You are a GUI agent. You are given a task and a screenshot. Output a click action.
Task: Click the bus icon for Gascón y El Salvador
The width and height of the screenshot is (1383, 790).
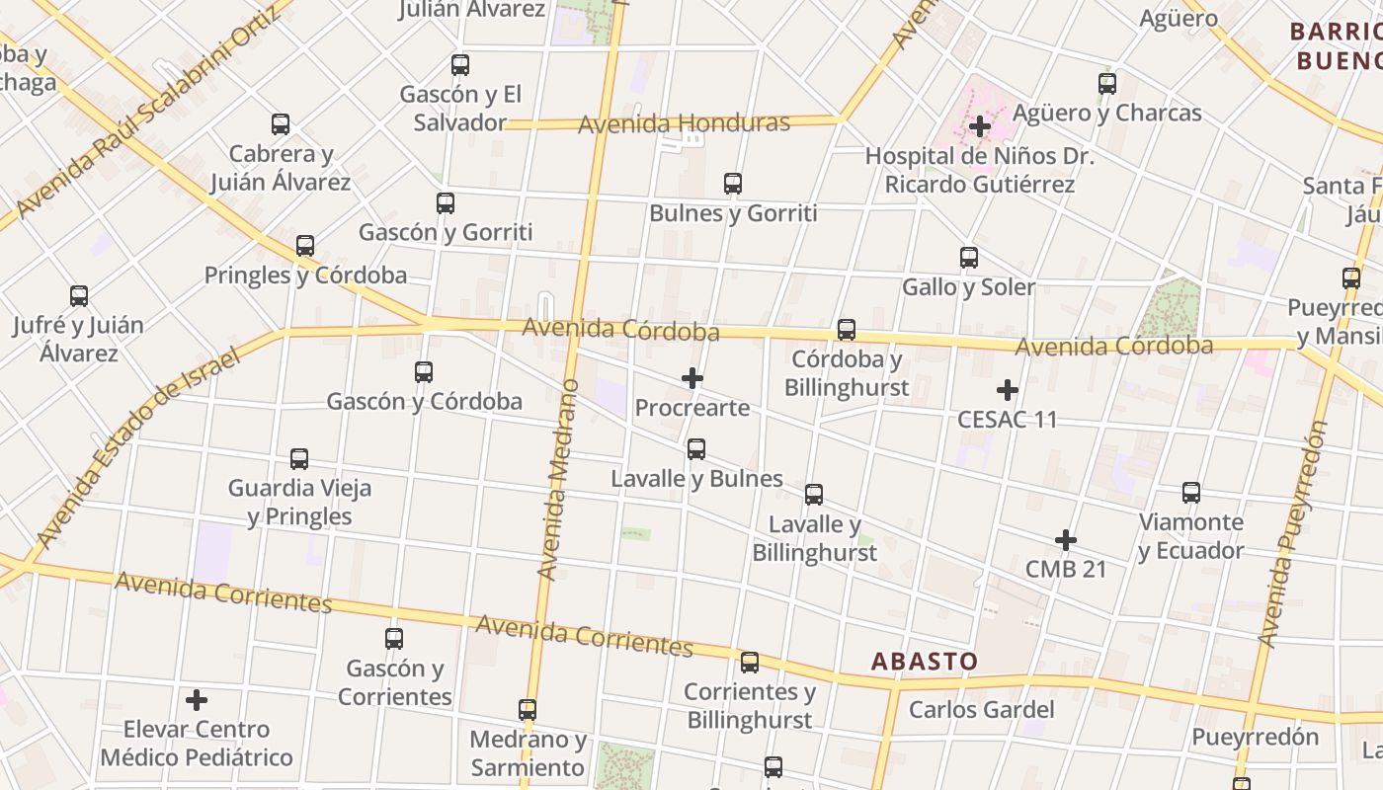pos(460,65)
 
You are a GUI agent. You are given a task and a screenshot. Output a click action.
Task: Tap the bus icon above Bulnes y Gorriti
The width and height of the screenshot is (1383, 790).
pos(732,184)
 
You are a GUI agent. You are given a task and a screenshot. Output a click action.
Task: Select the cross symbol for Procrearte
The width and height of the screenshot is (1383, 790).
pos(692,378)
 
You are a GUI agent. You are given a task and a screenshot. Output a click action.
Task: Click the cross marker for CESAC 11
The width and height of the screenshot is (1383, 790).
pos(1008,390)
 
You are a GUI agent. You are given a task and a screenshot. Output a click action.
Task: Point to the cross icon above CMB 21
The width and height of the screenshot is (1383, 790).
pos(1065,540)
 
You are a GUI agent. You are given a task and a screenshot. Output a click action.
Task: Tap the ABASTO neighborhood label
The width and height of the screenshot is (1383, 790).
pos(924,661)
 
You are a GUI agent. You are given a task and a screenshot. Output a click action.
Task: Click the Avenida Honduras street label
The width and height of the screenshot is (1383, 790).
pos(684,124)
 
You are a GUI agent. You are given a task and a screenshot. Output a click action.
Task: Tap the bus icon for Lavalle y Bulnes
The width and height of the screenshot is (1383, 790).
pos(696,449)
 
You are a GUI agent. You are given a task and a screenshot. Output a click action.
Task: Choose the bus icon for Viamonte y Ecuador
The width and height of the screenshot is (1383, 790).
pos(1191,493)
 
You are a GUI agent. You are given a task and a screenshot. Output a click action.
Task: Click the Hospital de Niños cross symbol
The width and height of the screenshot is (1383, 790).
pos(979,126)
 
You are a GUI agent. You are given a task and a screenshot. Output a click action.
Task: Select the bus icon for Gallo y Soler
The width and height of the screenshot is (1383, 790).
pos(969,258)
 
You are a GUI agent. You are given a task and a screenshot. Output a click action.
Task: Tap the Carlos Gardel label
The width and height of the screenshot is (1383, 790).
pos(981,709)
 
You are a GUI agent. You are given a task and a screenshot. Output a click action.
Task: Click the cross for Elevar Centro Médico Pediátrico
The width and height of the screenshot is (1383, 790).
pos(197,700)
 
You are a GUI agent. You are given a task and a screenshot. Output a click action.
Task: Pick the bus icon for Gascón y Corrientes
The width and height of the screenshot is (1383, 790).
pos(394,639)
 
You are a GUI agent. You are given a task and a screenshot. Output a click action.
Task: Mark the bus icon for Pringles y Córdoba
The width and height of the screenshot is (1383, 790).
pos(305,246)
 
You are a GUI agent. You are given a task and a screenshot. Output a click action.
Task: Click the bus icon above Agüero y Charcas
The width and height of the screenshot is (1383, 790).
pos(1107,84)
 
